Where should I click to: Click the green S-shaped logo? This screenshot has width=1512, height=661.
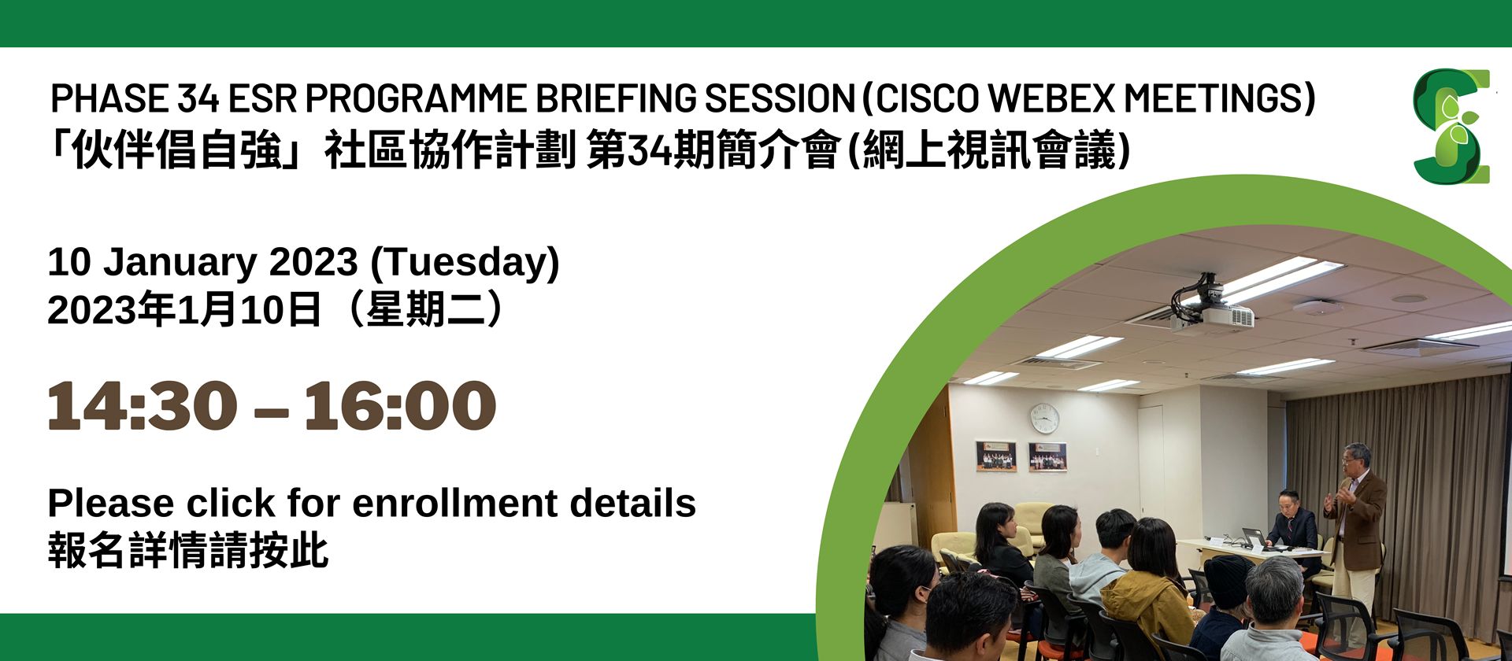click(1451, 127)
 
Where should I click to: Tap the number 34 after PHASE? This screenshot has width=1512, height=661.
click(198, 99)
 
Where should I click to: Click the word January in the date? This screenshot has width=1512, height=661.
click(180, 262)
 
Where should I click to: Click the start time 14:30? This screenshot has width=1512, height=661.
click(143, 406)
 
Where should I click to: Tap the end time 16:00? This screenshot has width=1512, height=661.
click(400, 406)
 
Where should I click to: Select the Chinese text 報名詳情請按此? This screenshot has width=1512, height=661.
click(187, 550)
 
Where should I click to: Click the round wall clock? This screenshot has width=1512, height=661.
click(1044, 418)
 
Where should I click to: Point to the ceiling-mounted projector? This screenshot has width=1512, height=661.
click(1210, 306)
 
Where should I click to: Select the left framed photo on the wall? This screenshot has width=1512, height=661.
click(996, 456)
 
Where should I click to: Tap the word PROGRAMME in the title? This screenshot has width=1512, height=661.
click(415, 99)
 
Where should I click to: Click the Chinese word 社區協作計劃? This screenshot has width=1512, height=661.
click(450, 150)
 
